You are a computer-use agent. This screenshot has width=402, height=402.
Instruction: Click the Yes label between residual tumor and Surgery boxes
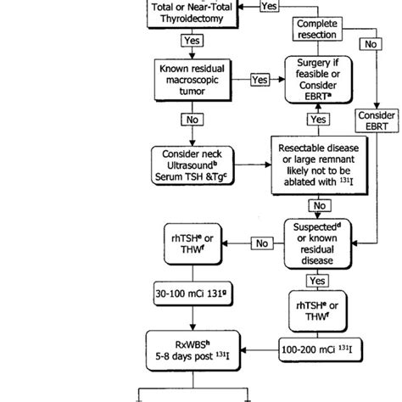coord(260,80)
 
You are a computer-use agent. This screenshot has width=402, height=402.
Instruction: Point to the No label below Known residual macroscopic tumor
coord(193,120)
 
